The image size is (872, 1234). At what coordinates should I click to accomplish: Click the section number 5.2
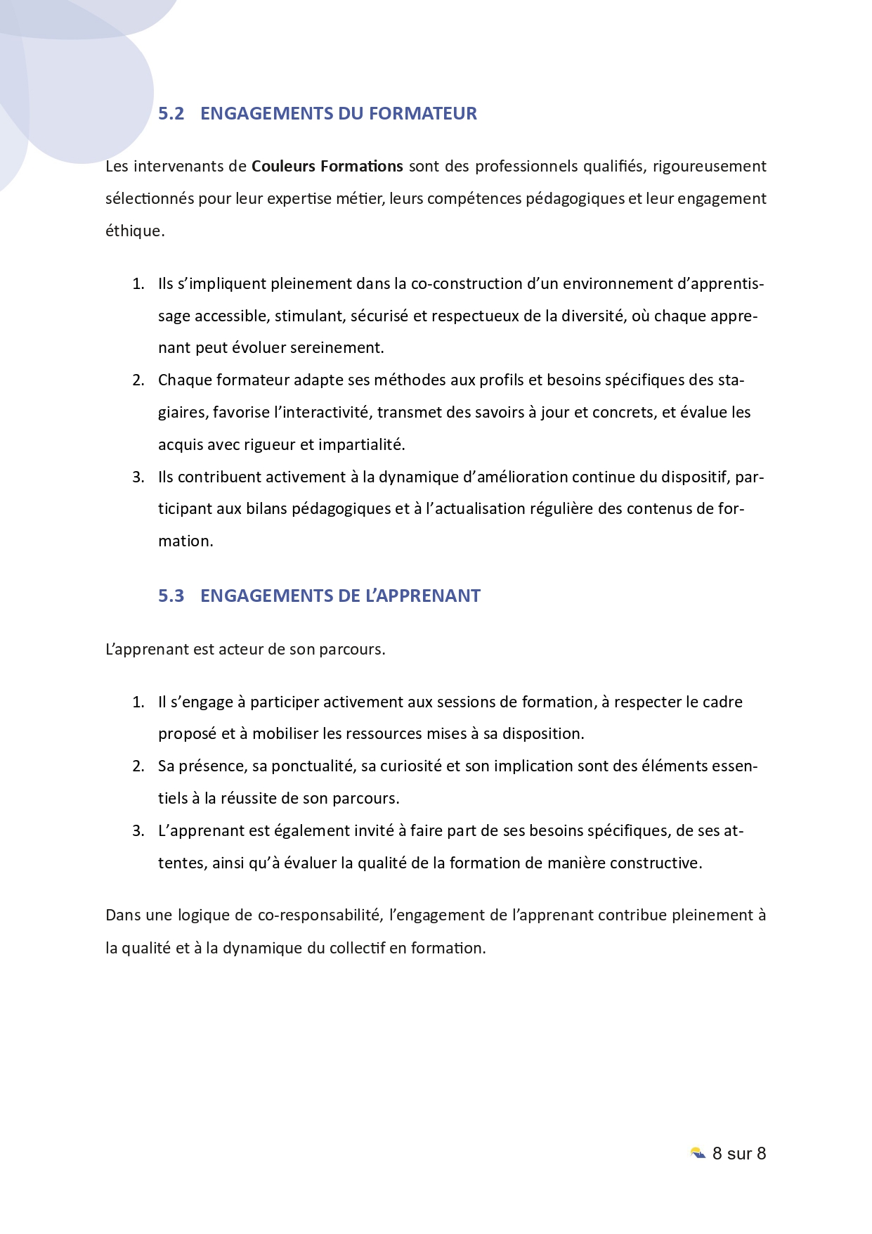[x=171, y=113]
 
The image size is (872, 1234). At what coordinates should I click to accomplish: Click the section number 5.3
[x=171, y=596]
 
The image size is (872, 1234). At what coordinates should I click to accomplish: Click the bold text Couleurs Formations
[x=327, y=166]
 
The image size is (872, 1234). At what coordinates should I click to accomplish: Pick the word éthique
[x=134, y=231]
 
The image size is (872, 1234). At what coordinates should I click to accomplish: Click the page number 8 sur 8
[x=738, y=1153]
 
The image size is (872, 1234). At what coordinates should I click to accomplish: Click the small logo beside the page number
[x=698, y=1153]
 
